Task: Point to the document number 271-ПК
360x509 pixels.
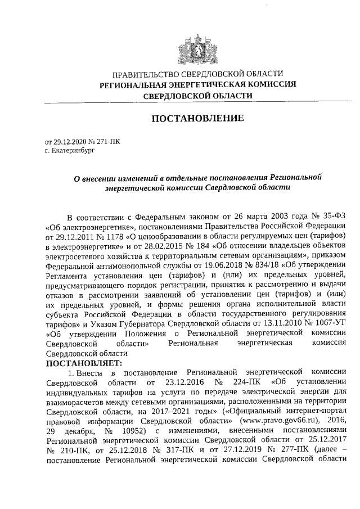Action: pyautogui.click(x=109, y=142)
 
